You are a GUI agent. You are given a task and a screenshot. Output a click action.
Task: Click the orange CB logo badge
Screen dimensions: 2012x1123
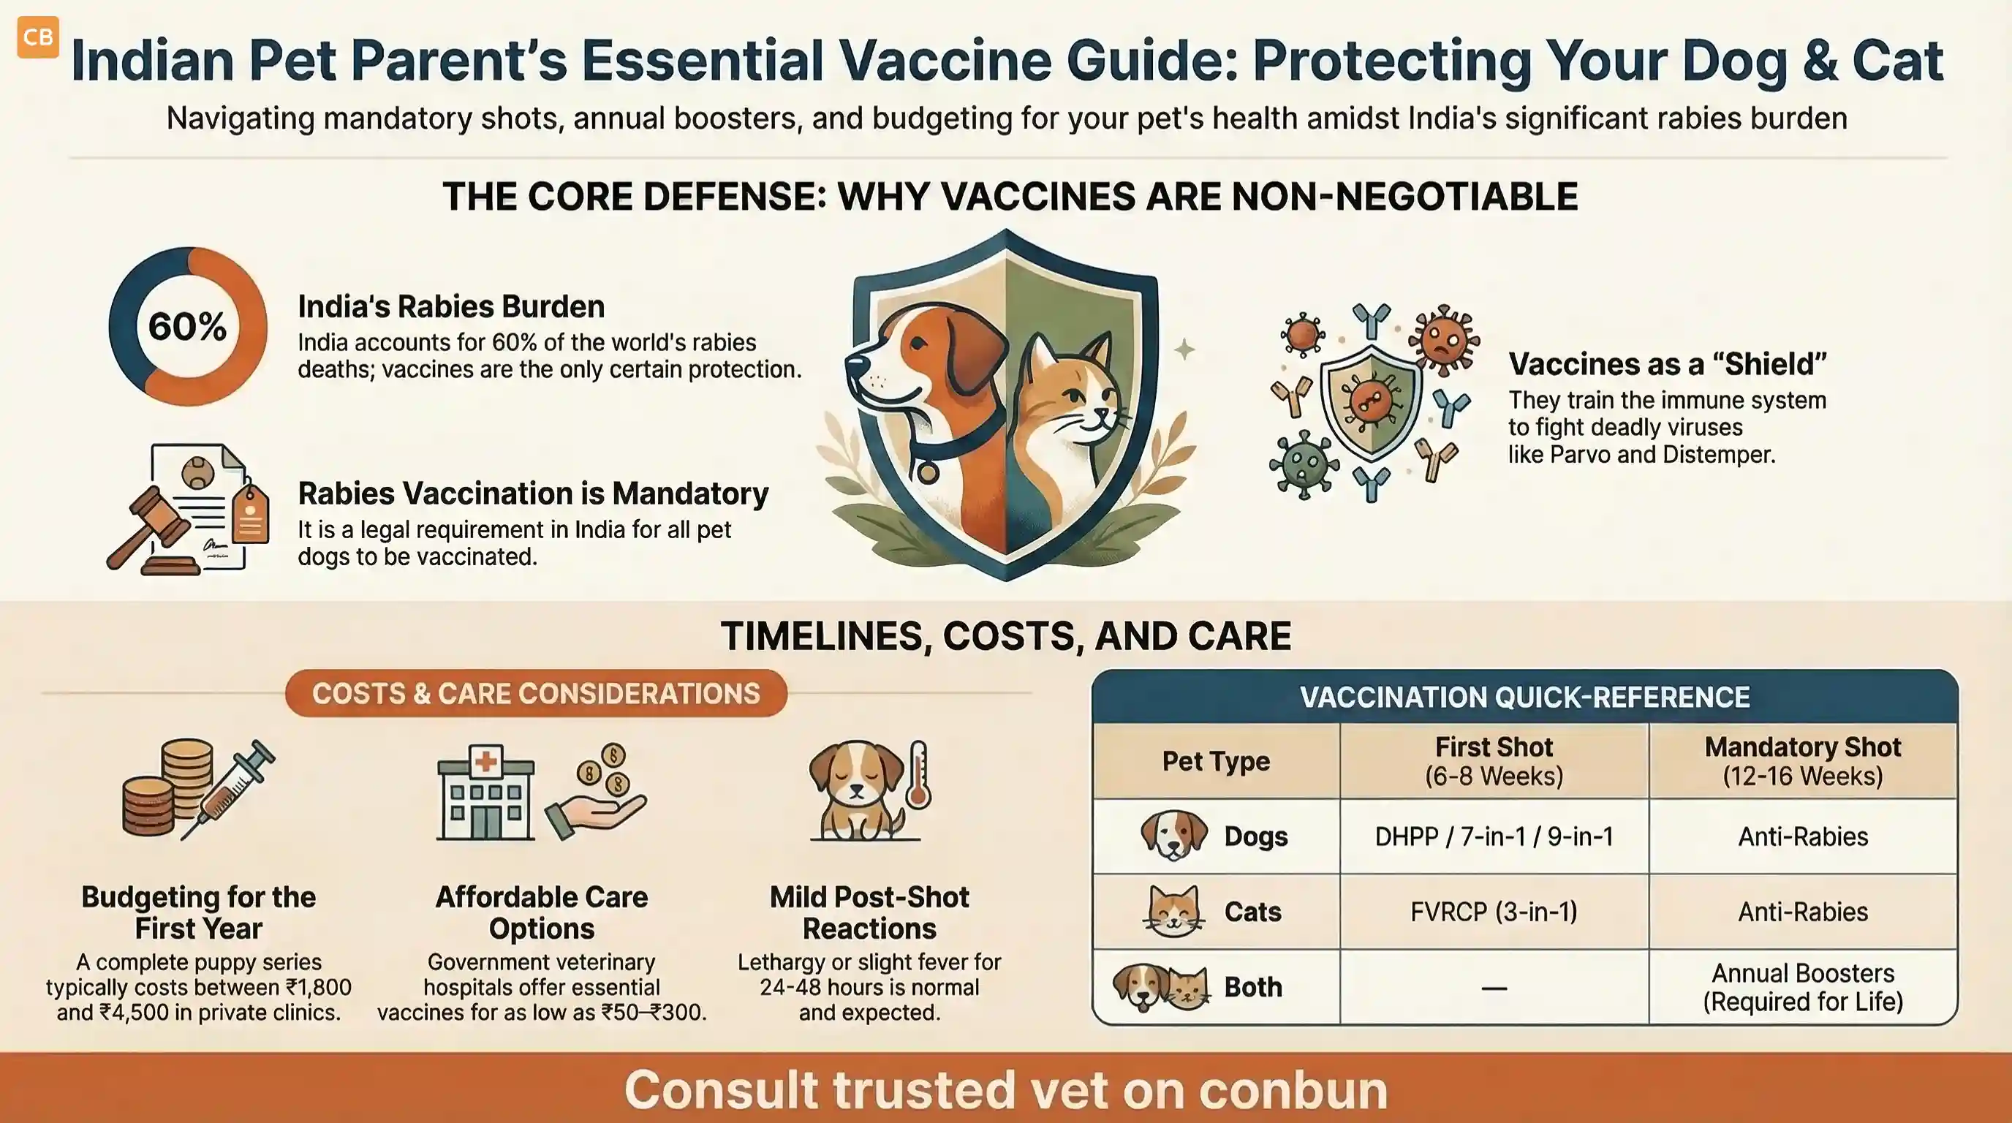pyautogui.click(x=37, y=37)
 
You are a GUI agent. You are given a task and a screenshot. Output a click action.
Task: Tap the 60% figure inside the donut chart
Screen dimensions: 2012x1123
pyautogui.click(x=187, y=325)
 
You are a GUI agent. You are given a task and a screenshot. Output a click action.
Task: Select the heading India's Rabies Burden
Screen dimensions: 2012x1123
pyautogui.click(x=451, y=306)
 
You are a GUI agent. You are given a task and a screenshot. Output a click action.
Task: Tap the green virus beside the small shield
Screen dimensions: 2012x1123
pyautogui.click(x=1304, y=465)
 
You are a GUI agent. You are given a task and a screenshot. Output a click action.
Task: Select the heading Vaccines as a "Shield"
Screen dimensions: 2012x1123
pyautogui.click(x=1668, y=364)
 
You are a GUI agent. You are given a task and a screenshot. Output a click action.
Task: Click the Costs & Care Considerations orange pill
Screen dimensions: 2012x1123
pyautogui.click(x=536, y=692)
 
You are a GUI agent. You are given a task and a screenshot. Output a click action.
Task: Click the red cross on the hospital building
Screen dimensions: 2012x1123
pyautogui.click(x=485, y=760)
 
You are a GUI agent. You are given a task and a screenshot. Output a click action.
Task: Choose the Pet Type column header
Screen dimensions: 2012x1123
pyautogui.click(x=1215, y=760)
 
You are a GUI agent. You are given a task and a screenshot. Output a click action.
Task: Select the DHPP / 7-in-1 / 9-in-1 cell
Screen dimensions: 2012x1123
pyautogui.click(x=1494, y=836)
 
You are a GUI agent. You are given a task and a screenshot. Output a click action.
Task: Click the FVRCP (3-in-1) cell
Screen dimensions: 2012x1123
pyautogui.click(x=1494, y=912)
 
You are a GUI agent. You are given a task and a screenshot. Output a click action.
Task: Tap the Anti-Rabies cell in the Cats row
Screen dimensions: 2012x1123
pyautogui.click(x=1803, y=912)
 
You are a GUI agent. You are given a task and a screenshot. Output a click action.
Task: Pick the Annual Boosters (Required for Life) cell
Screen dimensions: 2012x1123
pyautogui.click(x=1803, y=987)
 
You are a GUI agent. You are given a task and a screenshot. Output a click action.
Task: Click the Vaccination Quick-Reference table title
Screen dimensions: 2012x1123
pyautogui.click(x=1524, y=697)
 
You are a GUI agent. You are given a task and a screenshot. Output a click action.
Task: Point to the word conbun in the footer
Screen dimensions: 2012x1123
pyautogui.click(x=1293, y=1089)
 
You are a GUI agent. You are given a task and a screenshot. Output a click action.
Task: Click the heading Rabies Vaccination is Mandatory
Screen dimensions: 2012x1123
pyautogui.click(x=534, y=494)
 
